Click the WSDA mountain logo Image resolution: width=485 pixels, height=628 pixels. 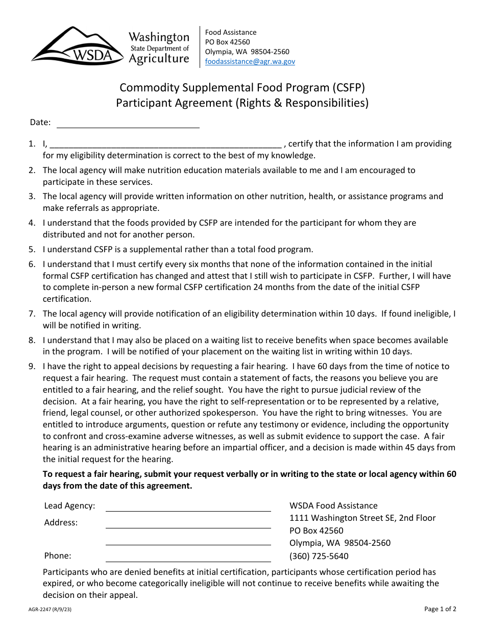tap(77, 46)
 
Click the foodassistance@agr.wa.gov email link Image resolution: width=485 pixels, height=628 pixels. tap(250, 61)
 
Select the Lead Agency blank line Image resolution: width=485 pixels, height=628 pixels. tap(188, 506)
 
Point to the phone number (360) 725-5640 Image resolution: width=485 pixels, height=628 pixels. tap(319, 556)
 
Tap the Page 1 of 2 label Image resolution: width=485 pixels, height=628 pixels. tap(440, 609)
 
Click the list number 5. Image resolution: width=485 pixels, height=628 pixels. tap(32, 250)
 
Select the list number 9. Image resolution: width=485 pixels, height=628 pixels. tap(32, 366)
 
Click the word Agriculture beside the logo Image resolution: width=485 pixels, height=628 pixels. tap(159, 59)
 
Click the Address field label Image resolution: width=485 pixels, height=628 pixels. tap(61, 522)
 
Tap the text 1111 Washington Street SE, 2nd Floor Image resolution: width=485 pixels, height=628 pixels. tap(362, 518)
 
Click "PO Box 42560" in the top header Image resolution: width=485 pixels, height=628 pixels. tap(227, 42)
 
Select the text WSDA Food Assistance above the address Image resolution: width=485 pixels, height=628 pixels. tap(333, 505)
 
